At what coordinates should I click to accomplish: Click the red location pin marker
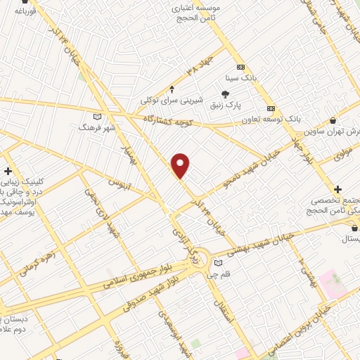pyautogui.click(x=181, y=165)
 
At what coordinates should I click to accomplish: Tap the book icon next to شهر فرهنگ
pyautogui.click(x=97, y=117)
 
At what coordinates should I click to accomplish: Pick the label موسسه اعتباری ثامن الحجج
pyautogui.click(x=200, y=12)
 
